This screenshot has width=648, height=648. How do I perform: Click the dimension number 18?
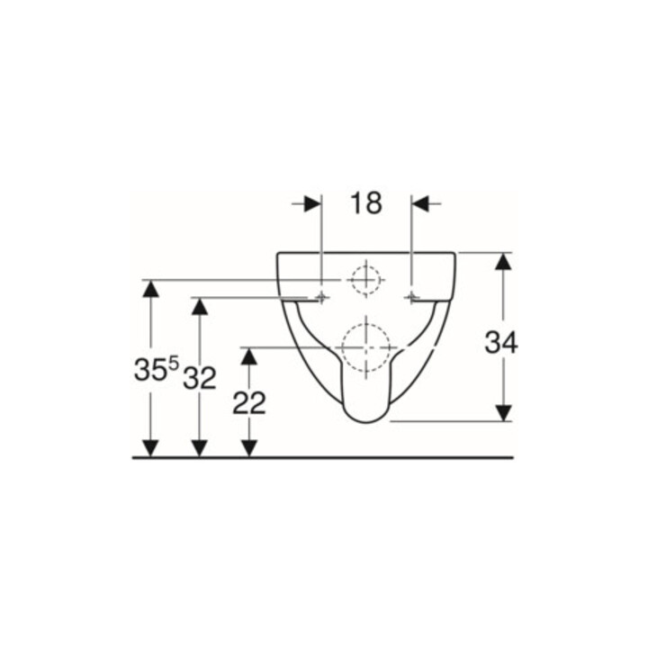point(366,203)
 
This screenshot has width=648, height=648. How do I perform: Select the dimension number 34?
point(501,343)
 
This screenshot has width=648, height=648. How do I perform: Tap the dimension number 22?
point(248,403)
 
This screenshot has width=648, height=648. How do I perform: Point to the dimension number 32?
point(200,378)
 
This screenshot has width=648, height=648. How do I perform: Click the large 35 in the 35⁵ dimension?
point(150,370)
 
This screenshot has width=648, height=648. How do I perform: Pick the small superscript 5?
point(174,364)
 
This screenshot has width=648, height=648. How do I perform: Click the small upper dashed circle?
point(365,280)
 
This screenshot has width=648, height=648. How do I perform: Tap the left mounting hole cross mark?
point(321,297)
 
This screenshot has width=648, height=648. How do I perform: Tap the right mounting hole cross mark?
point(411,297)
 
